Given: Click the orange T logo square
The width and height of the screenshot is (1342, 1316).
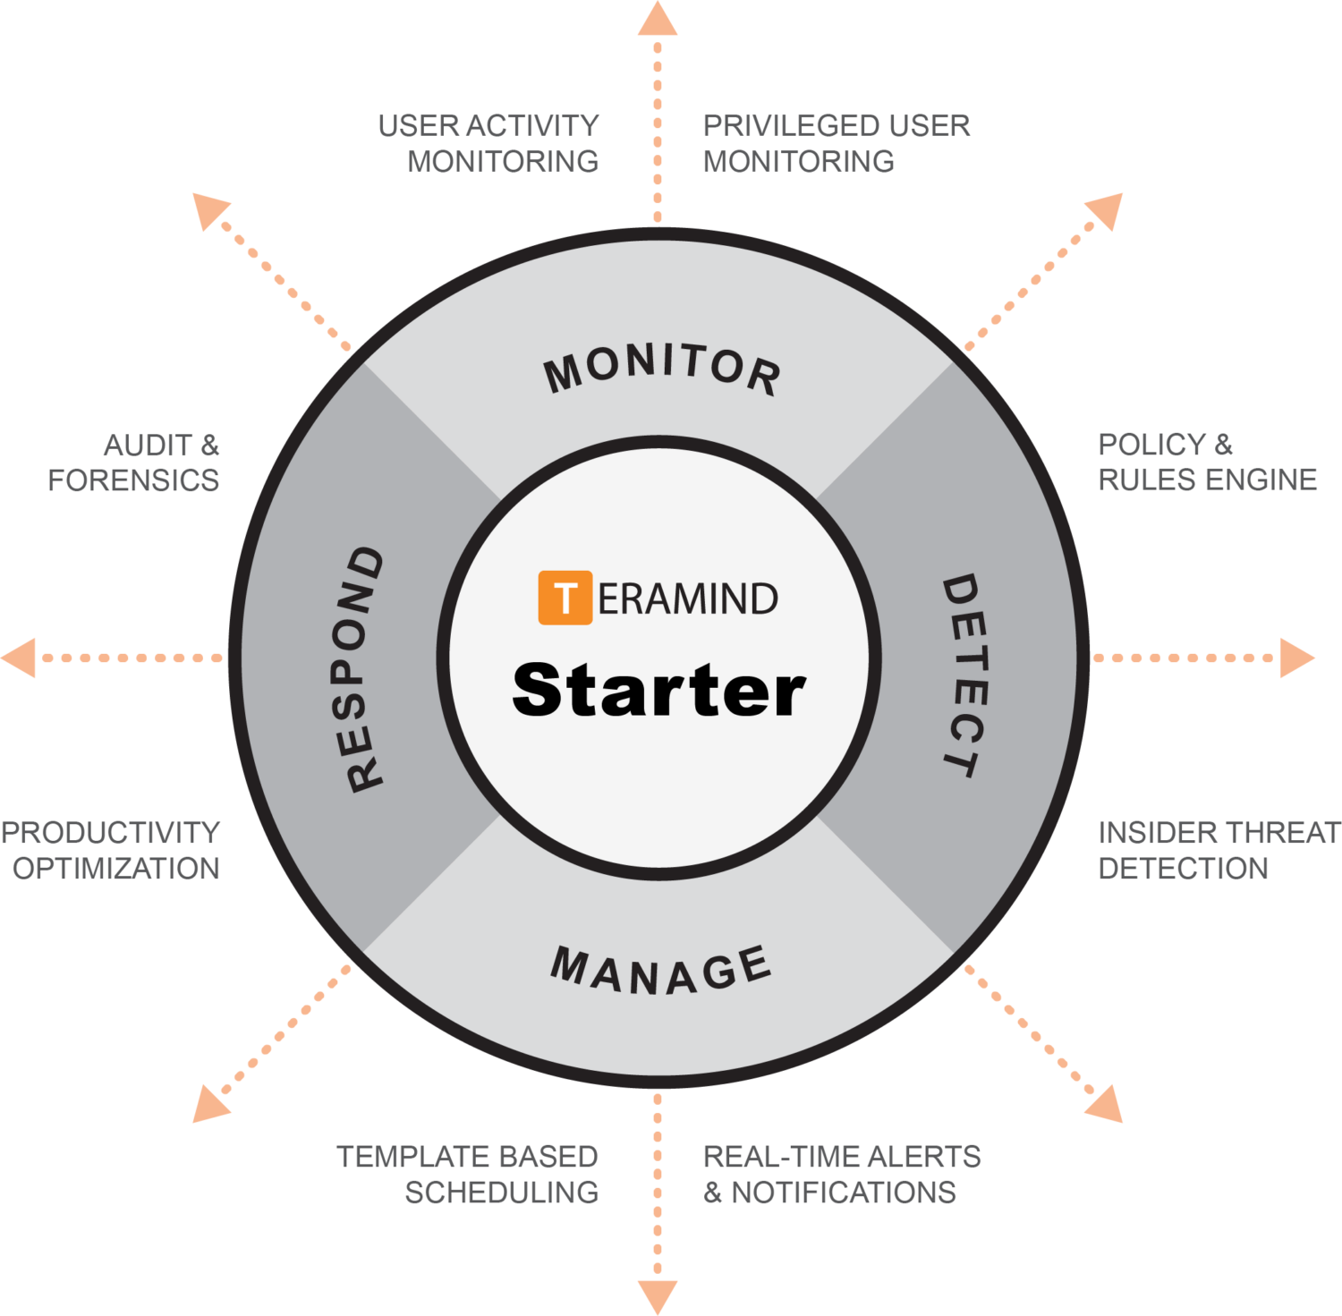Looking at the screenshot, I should (565, 597).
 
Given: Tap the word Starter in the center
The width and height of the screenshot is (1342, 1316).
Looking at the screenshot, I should (658, 691).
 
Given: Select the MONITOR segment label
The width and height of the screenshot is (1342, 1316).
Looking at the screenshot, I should (662, 369).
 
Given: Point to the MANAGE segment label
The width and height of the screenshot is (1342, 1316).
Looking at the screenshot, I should (660, 972).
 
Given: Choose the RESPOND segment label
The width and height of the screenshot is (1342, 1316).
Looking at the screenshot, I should (365, 669).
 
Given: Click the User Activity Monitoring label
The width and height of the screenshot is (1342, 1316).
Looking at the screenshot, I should (489, 143).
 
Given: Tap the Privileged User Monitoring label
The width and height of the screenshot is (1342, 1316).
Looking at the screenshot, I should (836, 143).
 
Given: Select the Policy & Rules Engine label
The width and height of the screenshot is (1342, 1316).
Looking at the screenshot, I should (1207, 462).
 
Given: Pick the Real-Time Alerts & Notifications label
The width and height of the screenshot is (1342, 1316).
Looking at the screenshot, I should (841, 1174).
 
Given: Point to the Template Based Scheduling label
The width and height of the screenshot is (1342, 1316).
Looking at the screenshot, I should (468, 1174).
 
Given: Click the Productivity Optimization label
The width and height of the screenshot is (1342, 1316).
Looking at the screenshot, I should (111, 850).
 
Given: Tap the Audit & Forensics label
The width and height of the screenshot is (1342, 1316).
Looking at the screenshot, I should (134, 462).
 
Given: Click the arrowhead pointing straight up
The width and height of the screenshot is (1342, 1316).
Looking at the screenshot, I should (658, 18).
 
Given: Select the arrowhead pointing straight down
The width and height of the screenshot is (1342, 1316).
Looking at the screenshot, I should (658, 1297).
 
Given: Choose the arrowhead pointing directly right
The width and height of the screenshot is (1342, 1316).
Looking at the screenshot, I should (1297, 658).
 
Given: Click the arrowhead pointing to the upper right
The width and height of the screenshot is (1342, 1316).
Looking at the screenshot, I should (1107, 210).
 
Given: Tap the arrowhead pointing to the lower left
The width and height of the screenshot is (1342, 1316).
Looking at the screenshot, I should (209, 1106).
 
